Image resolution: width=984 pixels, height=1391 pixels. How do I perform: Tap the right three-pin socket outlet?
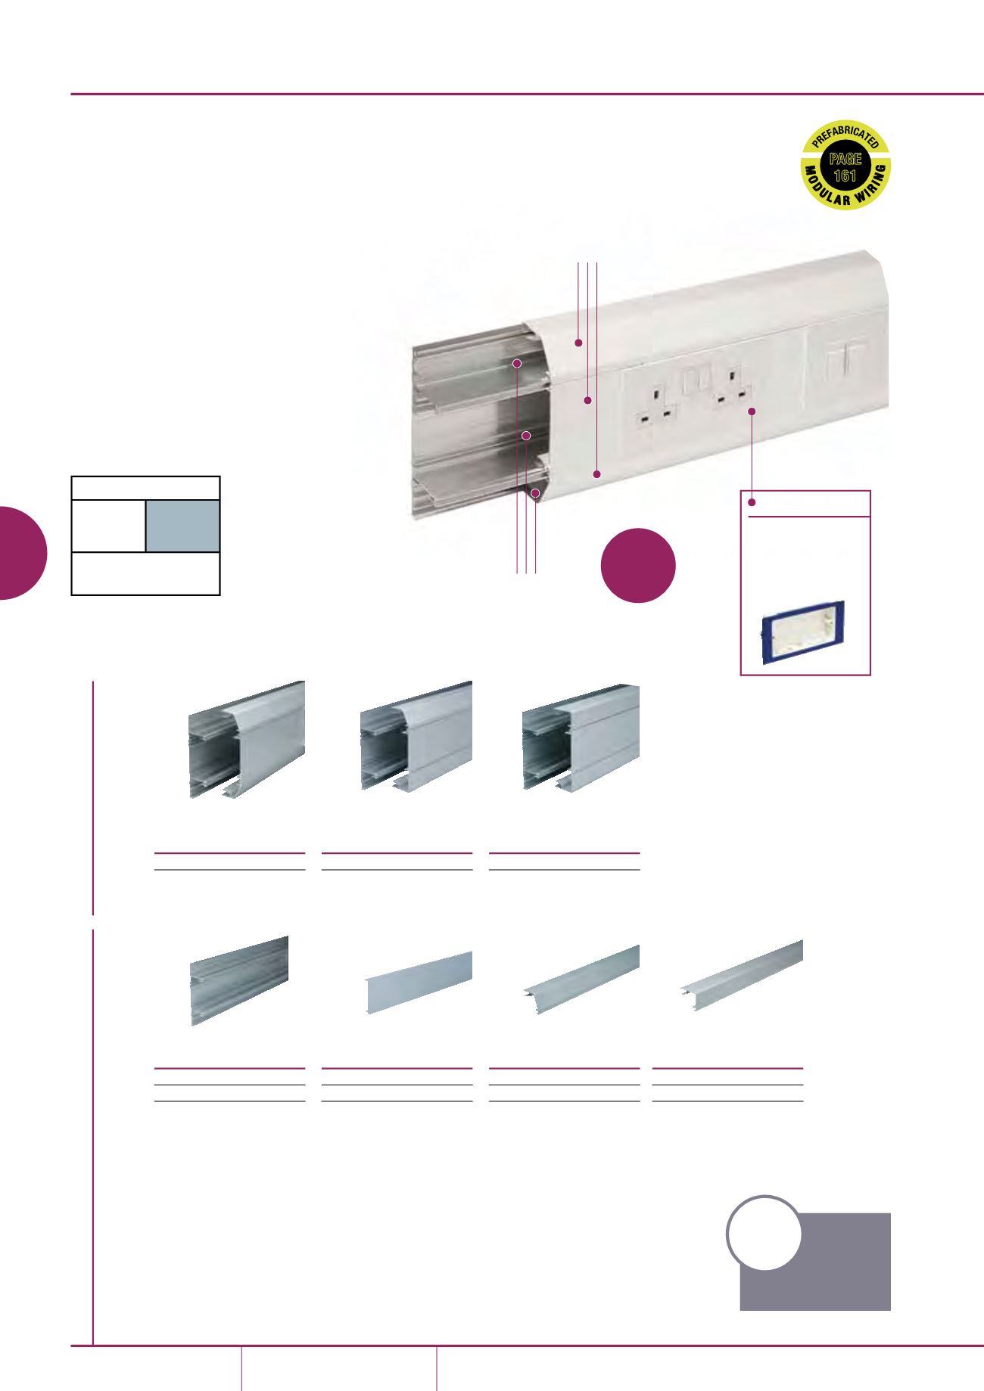733,387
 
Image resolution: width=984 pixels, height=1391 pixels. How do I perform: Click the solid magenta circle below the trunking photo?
638,565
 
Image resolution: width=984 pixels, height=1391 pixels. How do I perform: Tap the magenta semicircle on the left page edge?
23,552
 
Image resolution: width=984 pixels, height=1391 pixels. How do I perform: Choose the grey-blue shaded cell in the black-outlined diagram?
182,526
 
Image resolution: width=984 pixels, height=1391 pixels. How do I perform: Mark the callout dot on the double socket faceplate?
752,411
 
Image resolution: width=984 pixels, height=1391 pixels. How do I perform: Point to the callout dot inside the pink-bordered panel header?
752,503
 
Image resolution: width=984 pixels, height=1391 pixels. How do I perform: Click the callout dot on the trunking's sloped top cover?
579,343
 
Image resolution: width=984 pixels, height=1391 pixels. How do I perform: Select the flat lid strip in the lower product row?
419,983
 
